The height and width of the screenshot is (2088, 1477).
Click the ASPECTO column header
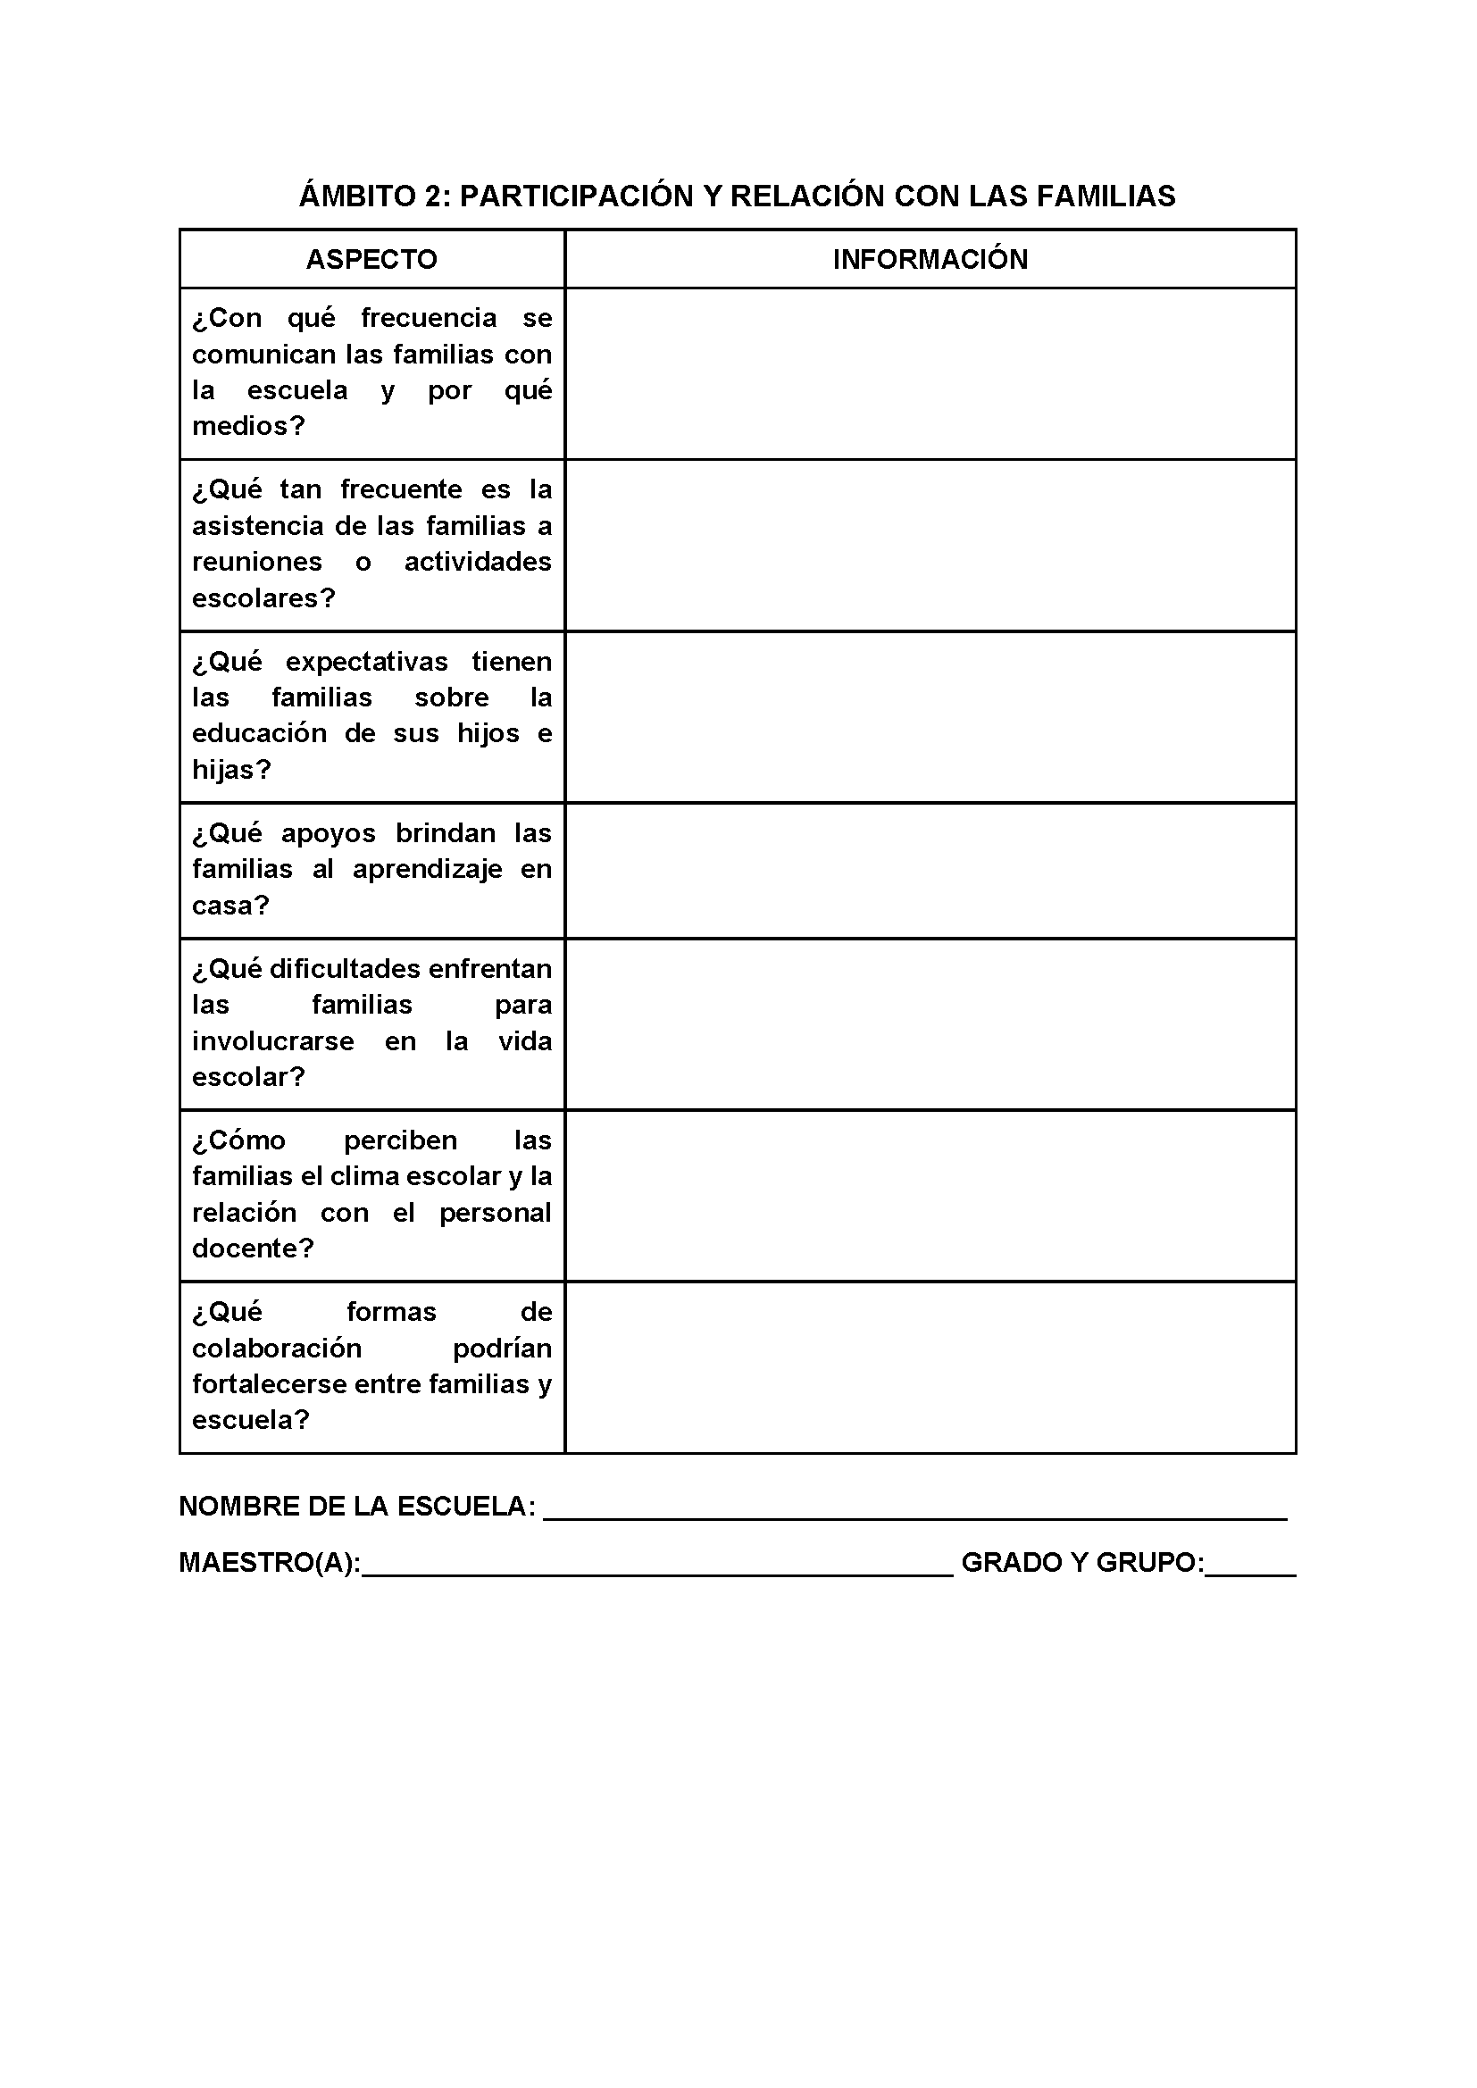coord(371,259)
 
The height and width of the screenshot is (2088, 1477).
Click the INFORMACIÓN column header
coord(930,259)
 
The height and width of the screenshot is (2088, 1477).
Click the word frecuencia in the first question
coord(429,317)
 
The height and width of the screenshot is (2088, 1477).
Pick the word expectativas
coord(366,661)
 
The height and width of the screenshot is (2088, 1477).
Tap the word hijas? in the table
coord(232,769)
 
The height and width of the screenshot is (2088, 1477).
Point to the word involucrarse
coord(273,1040)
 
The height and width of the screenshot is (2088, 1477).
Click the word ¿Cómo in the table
coord(238,1140)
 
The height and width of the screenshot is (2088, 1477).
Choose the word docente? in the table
coord(253,1249)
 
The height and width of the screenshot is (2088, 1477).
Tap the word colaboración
coord(277,1348)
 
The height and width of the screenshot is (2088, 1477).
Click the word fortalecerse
coord(269,1384)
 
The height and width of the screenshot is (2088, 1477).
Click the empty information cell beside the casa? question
coord(930,871)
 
